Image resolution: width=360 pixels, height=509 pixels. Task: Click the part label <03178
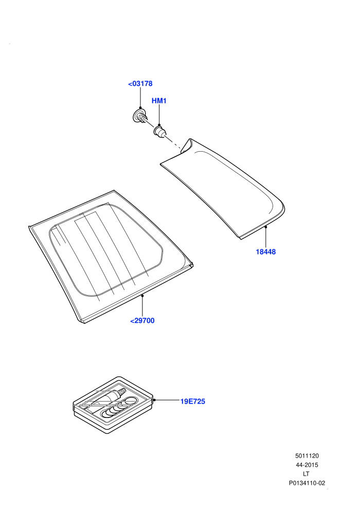(x=140, y=84)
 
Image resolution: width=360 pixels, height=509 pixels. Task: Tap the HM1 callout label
(x=159, y=101)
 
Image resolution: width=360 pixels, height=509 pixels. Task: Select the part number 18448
(x=265, y=252)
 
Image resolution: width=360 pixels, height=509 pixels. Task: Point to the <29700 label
(x=142, y=321)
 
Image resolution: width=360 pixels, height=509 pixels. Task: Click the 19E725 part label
(x=193, y=402)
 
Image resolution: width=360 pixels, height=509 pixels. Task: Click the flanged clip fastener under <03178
(x=140, y=116)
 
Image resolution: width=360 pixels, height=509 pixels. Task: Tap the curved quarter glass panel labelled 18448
(x=227, y=192)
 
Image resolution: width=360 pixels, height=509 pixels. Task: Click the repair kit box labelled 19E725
(x=113, y=405)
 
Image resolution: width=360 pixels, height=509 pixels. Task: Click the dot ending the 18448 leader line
(x=265, y=227)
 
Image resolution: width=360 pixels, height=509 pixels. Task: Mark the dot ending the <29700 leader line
(x=142, y=296)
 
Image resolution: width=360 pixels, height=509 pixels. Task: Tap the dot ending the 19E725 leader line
(x=154, y=400)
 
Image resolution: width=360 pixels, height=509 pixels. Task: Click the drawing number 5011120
(x=307, y=456)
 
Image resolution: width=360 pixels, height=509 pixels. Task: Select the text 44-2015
(x=307, y=465)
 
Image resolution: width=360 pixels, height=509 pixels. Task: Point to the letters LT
(x=306, y=474)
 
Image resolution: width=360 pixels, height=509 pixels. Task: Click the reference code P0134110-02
(x=307, y=483)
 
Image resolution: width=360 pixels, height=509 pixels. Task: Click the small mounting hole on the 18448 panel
(x=184, y=151)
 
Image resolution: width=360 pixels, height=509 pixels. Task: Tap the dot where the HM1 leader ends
(x=159, y=125)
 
